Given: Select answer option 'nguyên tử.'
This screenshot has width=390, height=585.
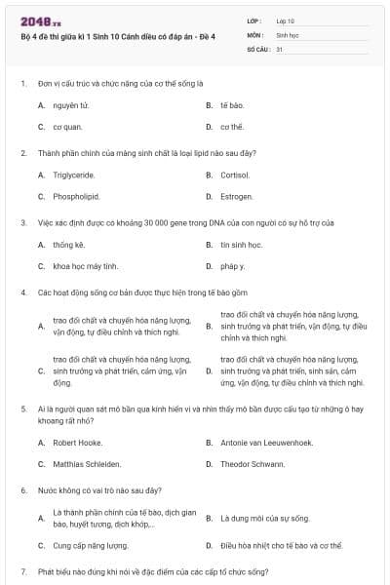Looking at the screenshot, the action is coord(71,104).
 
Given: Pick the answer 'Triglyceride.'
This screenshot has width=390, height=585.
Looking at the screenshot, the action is coord(74,175).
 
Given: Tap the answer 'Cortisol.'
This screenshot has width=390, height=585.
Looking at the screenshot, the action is coord(235,175).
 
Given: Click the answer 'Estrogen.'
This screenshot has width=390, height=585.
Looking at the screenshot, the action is coord(236,196).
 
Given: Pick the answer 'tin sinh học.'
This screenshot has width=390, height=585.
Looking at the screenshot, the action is coord(242,245).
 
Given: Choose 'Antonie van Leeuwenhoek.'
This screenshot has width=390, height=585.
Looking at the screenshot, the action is coord(266,443).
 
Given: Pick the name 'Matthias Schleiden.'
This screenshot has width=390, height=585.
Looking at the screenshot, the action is coord(88,463).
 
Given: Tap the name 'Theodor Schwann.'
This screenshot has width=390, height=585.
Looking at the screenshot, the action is coord(250,463).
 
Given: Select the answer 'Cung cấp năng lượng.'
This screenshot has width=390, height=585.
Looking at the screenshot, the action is coord(91,546).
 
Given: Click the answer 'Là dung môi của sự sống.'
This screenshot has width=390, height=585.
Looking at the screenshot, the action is coord(264,518).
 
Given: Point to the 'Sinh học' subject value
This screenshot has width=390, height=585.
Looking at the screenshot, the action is coord(287,33).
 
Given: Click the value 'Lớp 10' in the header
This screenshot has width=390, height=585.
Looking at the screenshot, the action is coord(285,19).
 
